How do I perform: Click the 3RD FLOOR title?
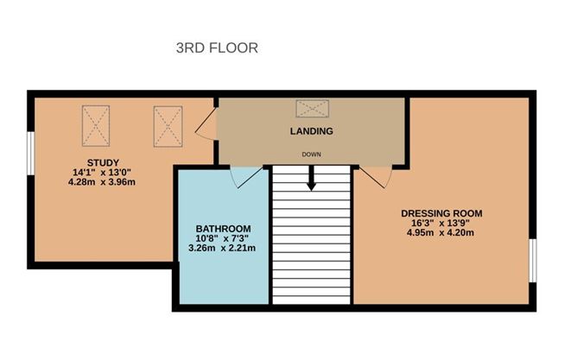[217, 47]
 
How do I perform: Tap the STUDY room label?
[103, 162]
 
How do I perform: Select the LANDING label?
[311, 131]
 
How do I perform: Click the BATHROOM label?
[223, 229]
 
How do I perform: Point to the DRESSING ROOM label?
[441, 213]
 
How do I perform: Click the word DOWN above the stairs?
[311, 155]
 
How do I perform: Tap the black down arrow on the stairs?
[311, 178]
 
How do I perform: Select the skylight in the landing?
[313, 109]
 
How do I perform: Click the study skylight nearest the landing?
[168, 127]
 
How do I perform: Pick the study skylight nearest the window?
[96, 126]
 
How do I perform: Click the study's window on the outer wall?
[31, 154]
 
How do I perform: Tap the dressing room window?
[532, 261]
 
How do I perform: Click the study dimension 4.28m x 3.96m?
[102, 181]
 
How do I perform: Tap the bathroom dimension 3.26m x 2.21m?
[222, 248]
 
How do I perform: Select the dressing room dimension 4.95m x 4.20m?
[441, 232]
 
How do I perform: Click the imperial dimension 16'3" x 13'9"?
[441, 223]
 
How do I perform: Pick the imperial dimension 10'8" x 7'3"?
[222, 238]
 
